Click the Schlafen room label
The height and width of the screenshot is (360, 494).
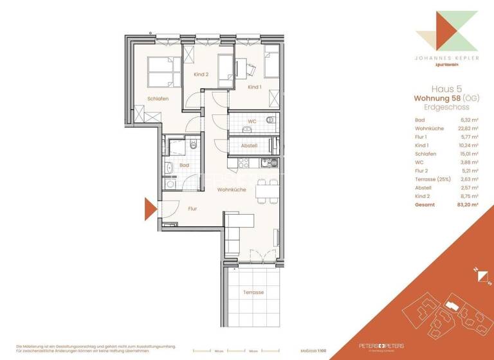coord(158,98)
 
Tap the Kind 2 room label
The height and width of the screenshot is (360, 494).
coord(201,75)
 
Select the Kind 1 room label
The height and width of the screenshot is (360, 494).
coord(255,87)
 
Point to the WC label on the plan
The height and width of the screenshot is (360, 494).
coord(252,121)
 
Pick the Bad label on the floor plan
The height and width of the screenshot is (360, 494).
coord(184,165)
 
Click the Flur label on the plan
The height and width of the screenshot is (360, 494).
coord(192,209)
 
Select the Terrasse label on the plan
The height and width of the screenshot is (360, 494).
coord(253,292)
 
